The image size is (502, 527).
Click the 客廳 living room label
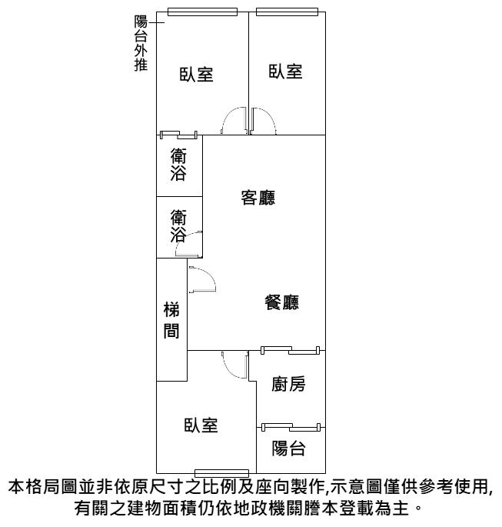(x=258, y=198)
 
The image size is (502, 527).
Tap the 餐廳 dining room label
(x=281, y=302)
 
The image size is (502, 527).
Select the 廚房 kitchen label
(x=288, y=384)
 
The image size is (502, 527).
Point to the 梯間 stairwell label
(x=171, y=320)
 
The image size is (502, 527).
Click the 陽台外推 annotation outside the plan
(x=141, y=43)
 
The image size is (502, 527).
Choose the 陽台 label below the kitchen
(x=288, y=448)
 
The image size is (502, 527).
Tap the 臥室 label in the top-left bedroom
(x=197, y=75)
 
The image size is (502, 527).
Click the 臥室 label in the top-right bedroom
(x=285, y=72)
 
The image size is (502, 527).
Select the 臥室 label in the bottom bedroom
(x=201, y=425)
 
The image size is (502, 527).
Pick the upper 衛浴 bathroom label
(x=178, y=165)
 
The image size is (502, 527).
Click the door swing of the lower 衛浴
(x=188, y=245)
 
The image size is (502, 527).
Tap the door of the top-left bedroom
(x=234, y=121)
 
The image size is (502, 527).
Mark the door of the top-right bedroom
(x=264, y=121)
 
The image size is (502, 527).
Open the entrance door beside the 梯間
(x=202, y=279)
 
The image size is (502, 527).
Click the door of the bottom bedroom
(x=235, y=365)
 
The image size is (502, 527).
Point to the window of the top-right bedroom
(x=287, y=12)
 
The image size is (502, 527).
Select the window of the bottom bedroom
(x=221, y=474)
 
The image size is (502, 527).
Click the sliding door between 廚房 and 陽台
(x=291, y=427)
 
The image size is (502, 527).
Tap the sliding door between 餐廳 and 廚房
(x=291, y=350)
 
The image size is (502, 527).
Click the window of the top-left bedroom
(x=202, y=12)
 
